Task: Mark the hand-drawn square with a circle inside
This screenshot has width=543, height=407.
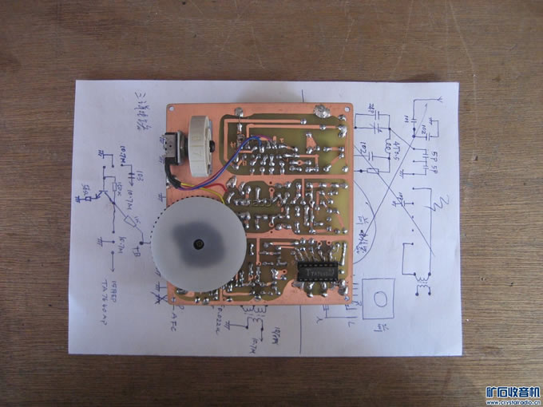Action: click(x=380, y=298)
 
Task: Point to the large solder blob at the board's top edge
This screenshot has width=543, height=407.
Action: click(x=321, y=111)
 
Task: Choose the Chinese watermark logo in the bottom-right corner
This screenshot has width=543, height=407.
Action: click(x=513, y=393)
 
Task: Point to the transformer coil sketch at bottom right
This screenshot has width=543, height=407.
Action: click(x=422, y=279)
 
